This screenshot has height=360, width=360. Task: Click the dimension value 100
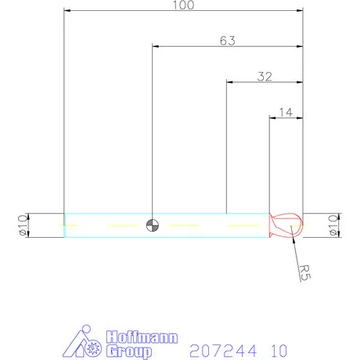coord(183,5)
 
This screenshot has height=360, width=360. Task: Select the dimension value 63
coord(228,40)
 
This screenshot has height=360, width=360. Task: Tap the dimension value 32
coord(265,76)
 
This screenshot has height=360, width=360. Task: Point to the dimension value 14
coord(286,113)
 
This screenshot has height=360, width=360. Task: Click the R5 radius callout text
coord(306,272)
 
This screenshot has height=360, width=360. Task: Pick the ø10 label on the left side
coord(21,225)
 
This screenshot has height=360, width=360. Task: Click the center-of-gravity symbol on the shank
coord(153,225)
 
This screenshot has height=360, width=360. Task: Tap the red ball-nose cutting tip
coord(285,225)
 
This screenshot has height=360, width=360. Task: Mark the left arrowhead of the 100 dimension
coord(67,11)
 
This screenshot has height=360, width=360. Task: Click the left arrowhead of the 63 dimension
coord(155,47)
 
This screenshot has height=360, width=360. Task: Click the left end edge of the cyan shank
coord(64,225)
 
